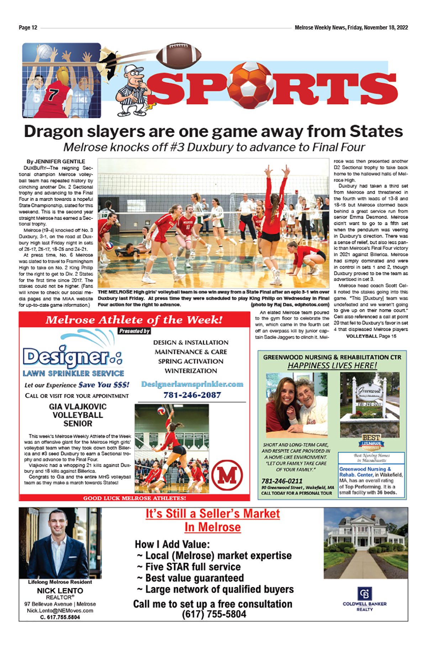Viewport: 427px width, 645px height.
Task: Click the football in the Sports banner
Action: click(x=179, y=55)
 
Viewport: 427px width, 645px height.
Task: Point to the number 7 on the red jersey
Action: click(x=53, y=95)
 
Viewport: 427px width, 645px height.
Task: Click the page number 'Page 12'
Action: click(x=28, y=28)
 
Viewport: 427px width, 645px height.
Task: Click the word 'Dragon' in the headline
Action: click(x=53, y=131)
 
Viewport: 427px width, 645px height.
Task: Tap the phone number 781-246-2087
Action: click(x=192, y=395)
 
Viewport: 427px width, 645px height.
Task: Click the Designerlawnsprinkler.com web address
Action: click(x=192, y=384)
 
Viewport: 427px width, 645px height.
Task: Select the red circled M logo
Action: click(x=227, y=475)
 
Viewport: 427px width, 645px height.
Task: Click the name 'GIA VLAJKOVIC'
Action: click(x=78, y=407)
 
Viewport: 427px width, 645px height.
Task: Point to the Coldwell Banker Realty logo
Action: click(x=364, y=599)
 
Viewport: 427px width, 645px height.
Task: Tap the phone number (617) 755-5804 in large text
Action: click(x=214, y=614)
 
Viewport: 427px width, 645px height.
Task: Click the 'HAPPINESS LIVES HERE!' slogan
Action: click(x=332, y=366)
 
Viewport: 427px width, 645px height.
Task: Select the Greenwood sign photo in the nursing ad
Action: click(x=370, y=405)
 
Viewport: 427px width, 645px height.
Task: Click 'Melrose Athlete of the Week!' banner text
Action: click(x=134, y=319)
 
